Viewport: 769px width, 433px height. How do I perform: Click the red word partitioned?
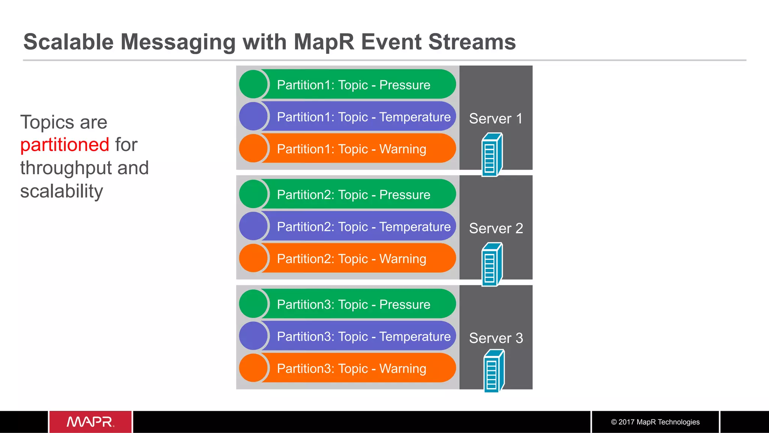(65, 145)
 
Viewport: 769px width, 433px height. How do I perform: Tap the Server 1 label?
(496, 119)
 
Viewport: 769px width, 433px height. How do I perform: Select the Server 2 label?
(496, 228)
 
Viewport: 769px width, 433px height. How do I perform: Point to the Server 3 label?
(496, 338)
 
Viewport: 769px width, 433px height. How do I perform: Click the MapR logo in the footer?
(90, 422)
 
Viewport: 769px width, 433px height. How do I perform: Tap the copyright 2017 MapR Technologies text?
(655, 422)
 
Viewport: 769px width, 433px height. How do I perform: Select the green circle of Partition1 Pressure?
(253, 84)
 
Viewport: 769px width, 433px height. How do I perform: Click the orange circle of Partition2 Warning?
(253, 258)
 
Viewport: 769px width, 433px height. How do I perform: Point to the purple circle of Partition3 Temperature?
(253, 336)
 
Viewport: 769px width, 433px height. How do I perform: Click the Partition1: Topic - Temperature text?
(363, 117)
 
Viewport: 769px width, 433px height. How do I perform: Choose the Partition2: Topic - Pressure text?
(353, 195)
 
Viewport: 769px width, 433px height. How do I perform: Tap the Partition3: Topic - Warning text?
(351, 368)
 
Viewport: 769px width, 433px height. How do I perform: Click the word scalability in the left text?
(62, 191)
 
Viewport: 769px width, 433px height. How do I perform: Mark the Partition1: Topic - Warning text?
(351, 149)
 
